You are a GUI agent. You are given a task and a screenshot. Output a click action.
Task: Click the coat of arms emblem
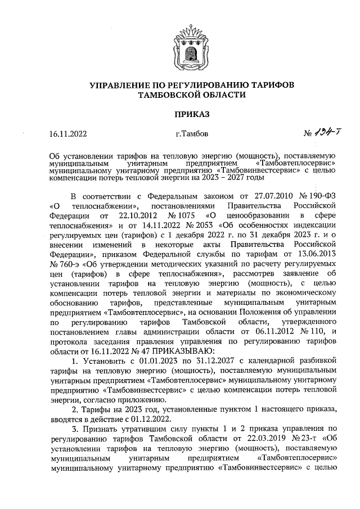pos(179,45)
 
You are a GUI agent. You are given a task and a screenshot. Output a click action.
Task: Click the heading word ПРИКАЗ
pos(179,114)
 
